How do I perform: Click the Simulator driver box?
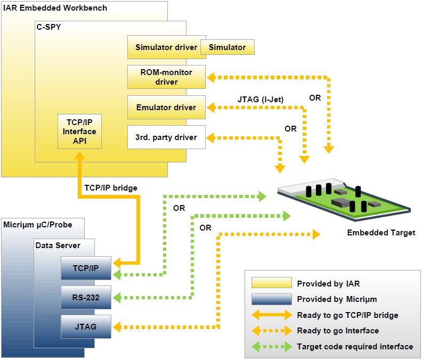167,47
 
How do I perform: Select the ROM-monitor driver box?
167,77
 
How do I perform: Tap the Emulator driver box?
167,108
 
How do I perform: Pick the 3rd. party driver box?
167,137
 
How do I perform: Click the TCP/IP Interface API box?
80,132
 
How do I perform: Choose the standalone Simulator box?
228,47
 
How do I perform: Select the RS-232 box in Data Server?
86,297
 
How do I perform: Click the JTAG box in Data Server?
86,326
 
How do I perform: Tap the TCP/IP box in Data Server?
86,268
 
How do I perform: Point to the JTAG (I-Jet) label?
261,100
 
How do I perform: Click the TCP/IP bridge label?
111,188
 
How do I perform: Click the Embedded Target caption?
381,233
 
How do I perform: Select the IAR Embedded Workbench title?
55,8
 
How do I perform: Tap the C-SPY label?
48,27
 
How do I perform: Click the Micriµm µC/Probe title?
38,225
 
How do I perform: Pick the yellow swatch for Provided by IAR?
272,283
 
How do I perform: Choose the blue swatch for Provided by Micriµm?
272,299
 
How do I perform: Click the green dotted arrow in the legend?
272,347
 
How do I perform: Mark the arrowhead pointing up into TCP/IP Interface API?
80,156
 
